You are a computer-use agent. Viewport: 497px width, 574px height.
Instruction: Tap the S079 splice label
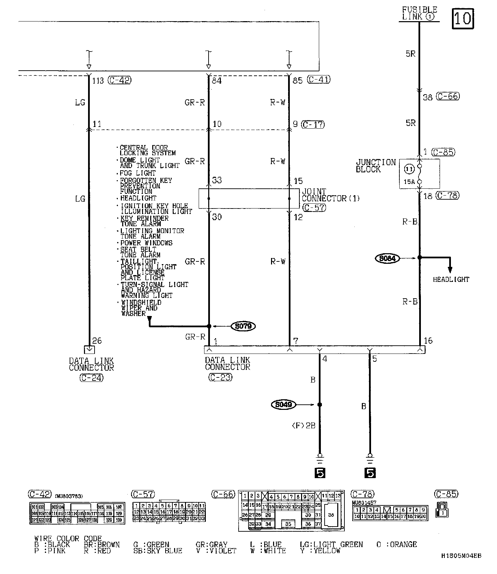click(x=244, y=326)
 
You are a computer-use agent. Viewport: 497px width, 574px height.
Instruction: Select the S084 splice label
click(x=387, y=258)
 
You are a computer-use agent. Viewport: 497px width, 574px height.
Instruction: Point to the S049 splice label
click(x=283, y=405)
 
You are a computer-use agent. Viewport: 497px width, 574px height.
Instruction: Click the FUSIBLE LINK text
click(x=419, y=13)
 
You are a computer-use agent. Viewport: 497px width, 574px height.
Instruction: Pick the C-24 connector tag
click(x=91, y=378)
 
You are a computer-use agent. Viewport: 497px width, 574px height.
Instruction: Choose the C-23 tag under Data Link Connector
click(x=221, y=377)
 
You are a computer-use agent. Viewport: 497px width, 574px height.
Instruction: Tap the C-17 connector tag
click(x=313, y=124)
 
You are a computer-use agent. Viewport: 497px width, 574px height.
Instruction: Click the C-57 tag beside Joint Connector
click(x=314, y=207)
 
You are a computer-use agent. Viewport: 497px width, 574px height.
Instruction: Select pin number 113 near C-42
click(x=98, y=81)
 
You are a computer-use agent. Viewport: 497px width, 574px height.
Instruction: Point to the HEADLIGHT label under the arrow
click(x=451, y=279)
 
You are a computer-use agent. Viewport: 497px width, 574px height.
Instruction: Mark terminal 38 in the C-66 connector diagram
click(x=331, y=515)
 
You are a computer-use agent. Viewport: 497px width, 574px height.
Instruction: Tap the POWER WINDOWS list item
click(x=146, y=243)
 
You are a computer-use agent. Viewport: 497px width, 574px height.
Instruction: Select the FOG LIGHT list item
click(x=138, y=173)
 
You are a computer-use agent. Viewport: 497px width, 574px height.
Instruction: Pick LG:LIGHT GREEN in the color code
click(x=331, y=545)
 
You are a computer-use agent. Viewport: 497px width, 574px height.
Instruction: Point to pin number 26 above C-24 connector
click(x=97, y=341)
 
